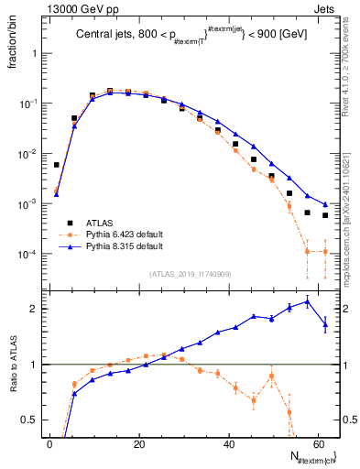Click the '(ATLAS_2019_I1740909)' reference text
(x=190, y=274)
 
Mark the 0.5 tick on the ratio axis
(x=33, y=420)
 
